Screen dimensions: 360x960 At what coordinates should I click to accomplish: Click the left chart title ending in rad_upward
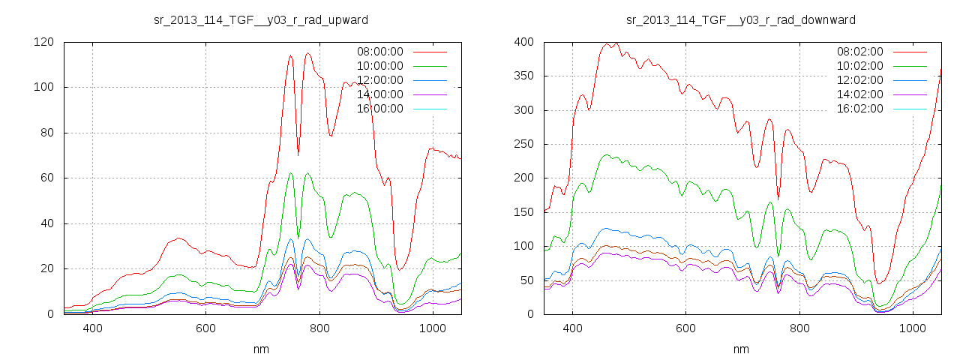tap(260, 19)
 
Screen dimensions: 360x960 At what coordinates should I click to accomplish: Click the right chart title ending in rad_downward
tap(741, 19)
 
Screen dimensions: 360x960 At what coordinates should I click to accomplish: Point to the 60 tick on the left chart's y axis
tap(46, 178)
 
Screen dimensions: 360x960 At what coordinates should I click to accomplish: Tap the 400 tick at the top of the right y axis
tap(523, 42)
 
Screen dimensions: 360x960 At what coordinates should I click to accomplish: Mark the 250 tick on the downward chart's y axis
tap(523, 144)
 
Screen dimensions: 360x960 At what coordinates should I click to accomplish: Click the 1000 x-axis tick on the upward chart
tap(433, 328)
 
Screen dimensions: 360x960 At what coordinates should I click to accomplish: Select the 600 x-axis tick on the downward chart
tap(685, 328)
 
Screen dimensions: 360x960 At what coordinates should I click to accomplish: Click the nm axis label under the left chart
tap(260, 349)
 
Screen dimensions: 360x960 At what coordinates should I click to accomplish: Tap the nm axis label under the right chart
tap(741, 349)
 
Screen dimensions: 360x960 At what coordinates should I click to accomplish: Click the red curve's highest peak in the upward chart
tap(308, 53)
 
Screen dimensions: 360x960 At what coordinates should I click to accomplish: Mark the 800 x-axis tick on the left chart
tap(319, 328)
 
